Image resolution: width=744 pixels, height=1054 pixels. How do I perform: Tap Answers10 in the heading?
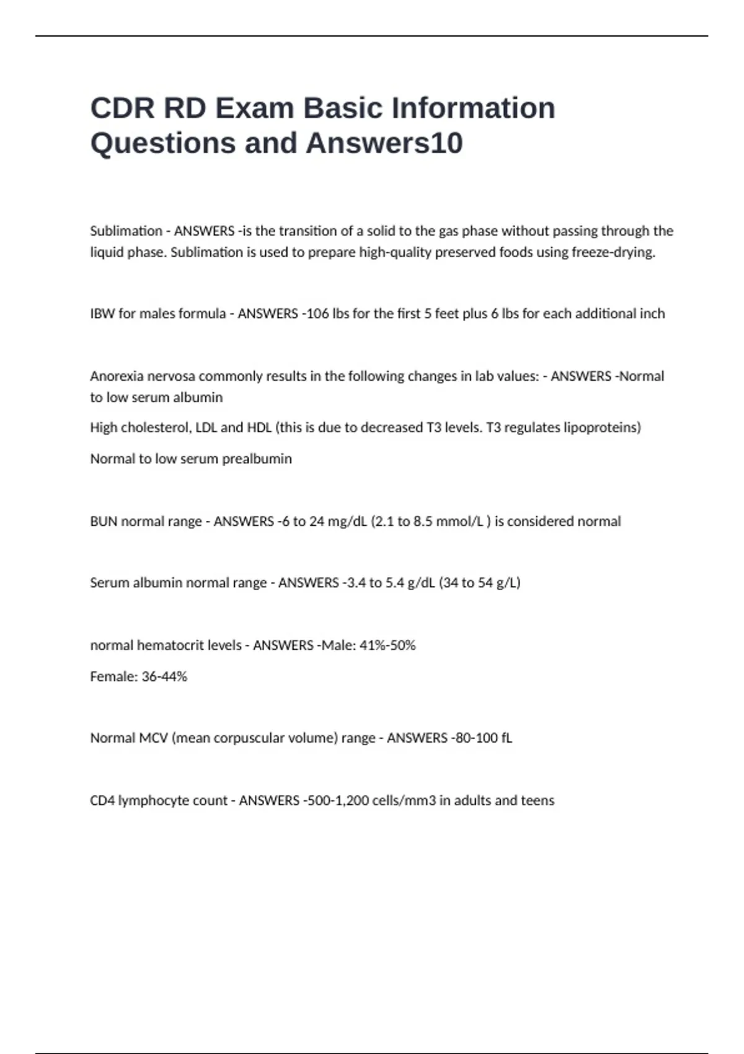click(384, 143)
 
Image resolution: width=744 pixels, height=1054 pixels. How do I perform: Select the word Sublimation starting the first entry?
click(126, 231)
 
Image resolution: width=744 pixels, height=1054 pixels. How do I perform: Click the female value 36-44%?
click(164, 676)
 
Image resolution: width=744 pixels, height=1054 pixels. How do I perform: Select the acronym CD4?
click(102, 801)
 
